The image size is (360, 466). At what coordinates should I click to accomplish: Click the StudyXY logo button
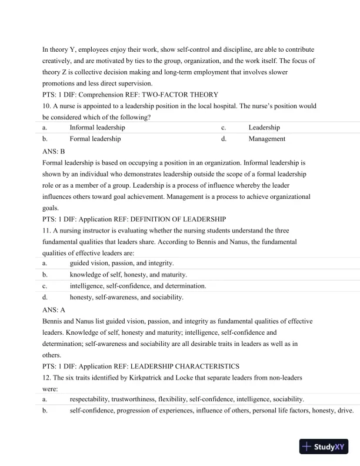(324, 447)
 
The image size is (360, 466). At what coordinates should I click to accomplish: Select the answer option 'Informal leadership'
(97, 128)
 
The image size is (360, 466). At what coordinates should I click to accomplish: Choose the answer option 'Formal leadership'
(95, 139)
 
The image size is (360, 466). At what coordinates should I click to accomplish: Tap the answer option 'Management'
(266, 139)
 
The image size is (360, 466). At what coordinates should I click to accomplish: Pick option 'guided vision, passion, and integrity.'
(122, 263)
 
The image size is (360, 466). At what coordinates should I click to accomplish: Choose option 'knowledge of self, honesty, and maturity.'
(128, 274)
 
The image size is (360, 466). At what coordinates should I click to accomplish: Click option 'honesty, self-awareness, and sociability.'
(126, 297)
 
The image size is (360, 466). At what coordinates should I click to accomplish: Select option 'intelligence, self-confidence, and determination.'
(138, 286)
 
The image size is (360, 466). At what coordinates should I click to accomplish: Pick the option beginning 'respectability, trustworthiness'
(186, 399)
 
